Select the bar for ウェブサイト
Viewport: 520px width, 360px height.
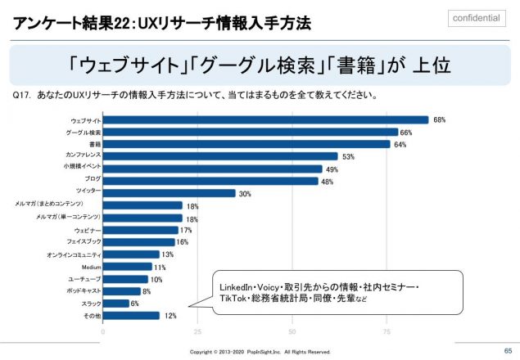pyautogui.click(x=265, y=119)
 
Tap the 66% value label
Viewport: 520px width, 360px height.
pyautogui.click(x=406, y=132)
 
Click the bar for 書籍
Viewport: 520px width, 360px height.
pyautogui.click(x=246, y=144)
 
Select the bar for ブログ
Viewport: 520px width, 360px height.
pyautogui.click(x=210, y=181)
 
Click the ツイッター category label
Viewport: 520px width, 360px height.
pyautogui.click(x=88, y=192)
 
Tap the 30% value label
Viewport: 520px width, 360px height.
pyautogui.click(x=244, y=193)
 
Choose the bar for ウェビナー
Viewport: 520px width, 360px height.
pyautogui.click(x=139, y=230)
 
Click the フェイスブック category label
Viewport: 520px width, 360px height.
pyautogui.click(x=84, y=242)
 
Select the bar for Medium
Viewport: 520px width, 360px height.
pyautogui.click(x=128, y=267)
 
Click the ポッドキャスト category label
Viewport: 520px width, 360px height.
pyautogui.click(x=84, y=290)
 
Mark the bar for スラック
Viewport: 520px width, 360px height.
pyautogui.click(x=115, y=303)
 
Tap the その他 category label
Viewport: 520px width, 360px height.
pyautogui.click(x=92, y=315)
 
